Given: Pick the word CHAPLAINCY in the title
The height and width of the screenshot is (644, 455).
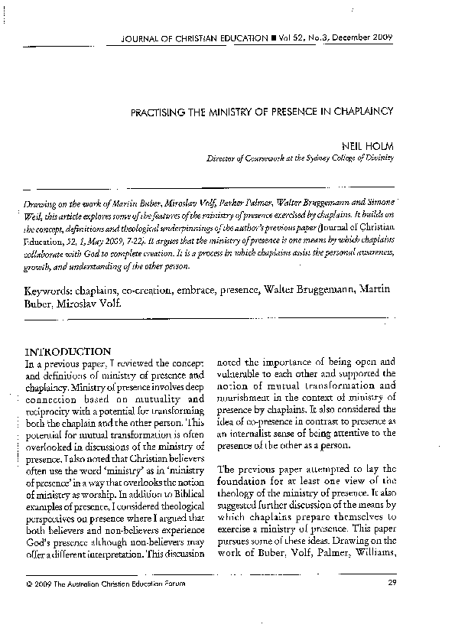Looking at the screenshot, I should click(x=364, y=111).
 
